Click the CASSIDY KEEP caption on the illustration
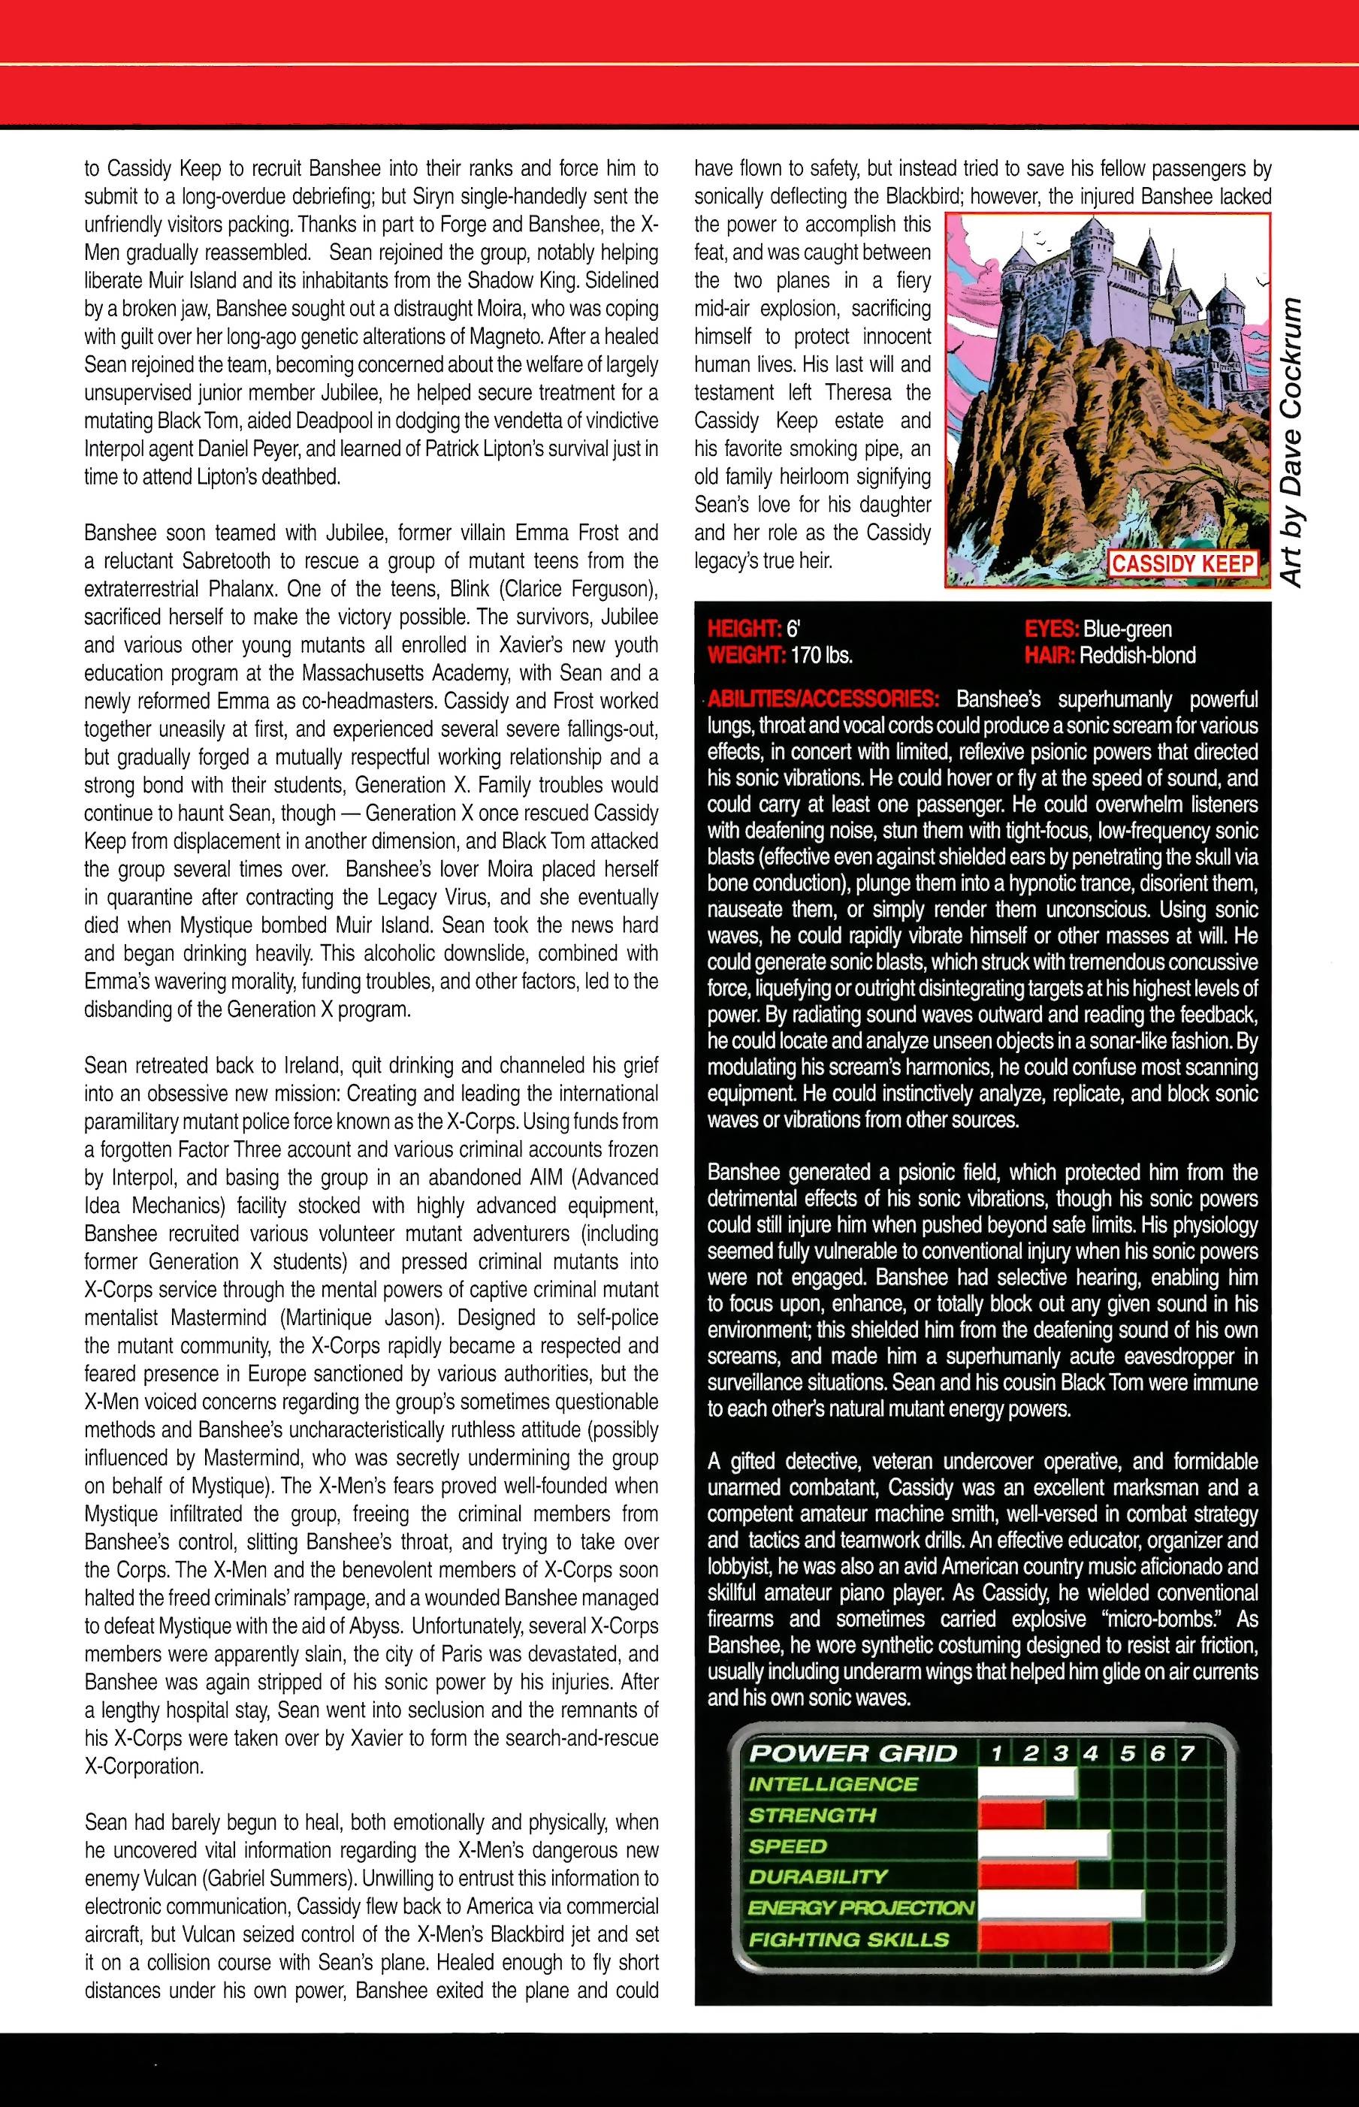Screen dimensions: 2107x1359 [x=1182, y=564]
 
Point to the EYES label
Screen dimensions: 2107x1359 [x=1052, y=629]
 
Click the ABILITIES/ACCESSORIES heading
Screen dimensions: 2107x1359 [x=824, y=699]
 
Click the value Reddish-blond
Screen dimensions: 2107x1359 [x=1137, y=656]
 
